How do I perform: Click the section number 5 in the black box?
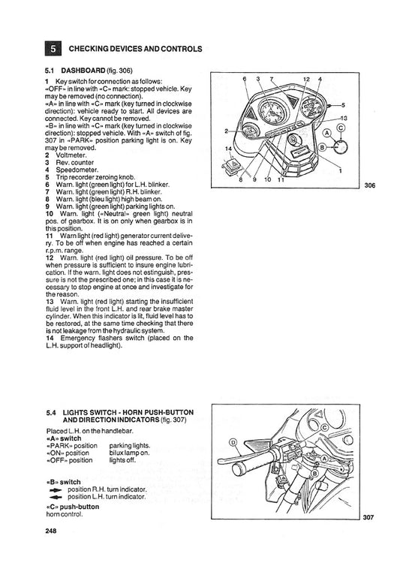click(53, 49)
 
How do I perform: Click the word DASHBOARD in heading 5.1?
click(83, 70)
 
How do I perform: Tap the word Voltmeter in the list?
click(71, 155)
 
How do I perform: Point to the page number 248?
click(51, 531)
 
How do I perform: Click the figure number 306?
click(370, 185)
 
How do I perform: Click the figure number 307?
click(368, 517)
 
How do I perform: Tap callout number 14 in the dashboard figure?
click(228, 149)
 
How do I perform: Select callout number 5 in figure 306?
click(343, 105)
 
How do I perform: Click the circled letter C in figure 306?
click(341, 128)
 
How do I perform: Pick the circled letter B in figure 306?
click(323, 147)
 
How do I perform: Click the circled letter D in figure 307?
click(233, 443)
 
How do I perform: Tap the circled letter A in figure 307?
click(324, 459)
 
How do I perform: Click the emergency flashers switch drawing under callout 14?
click(231, 165)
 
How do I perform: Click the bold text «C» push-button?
click(73, 507)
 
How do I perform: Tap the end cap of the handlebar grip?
click(237, 470)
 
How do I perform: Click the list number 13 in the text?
click(50, 302)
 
